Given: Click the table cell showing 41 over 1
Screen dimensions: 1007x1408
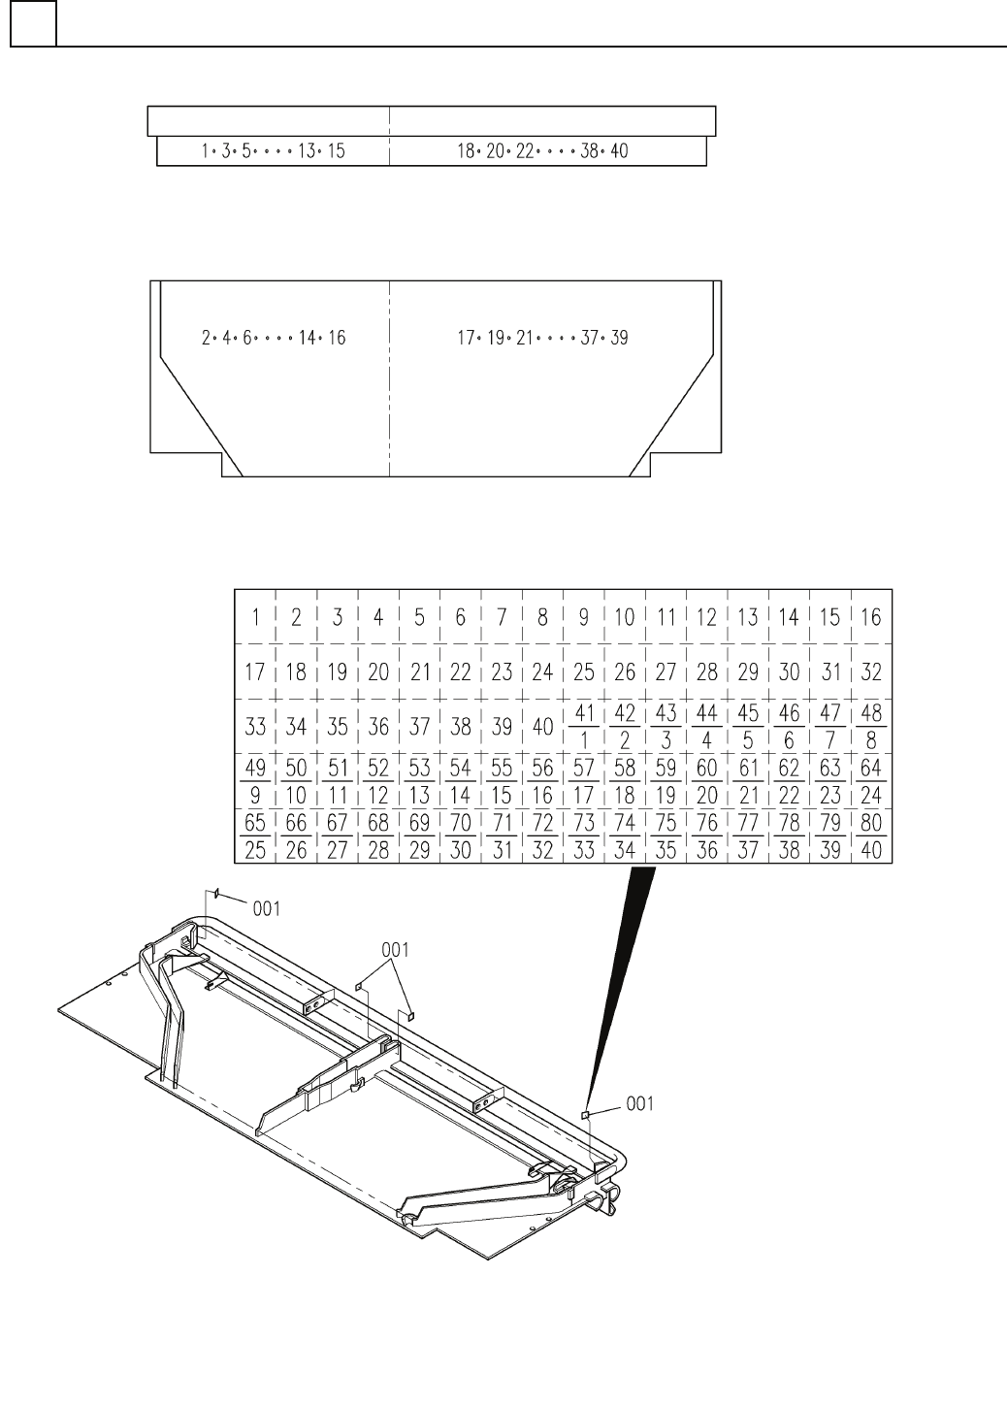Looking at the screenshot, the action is (583, 726).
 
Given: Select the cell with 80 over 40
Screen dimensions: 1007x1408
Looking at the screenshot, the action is (870, 836).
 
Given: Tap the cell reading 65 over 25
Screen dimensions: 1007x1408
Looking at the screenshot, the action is (256, 836).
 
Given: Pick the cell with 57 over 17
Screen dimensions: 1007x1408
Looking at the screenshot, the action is (583, 781).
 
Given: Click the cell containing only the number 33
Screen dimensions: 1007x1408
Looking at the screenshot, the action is (256, 726).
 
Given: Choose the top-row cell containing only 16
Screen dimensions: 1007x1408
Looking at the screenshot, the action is (870, 616).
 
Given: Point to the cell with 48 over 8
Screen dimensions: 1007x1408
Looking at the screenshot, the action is (870, 726).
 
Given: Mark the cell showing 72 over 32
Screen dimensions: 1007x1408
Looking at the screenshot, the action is (542, 836).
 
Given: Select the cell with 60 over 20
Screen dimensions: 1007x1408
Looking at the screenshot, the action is (706, 781).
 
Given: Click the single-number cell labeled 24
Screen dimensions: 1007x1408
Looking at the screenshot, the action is (542, 671).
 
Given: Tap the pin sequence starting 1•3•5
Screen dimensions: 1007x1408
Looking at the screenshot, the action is (273, 151).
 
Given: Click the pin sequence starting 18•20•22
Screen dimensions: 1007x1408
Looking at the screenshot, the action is (542, 151).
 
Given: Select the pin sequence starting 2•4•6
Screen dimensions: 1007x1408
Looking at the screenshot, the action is (273, 338).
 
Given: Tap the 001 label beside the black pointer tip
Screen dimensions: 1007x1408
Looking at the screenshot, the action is (639, 1103).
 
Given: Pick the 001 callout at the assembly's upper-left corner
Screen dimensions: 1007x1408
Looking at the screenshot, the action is (267, 908).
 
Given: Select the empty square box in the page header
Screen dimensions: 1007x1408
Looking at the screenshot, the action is (33, 23).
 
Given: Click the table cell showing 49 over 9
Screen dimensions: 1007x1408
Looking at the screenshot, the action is (256, 781).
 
